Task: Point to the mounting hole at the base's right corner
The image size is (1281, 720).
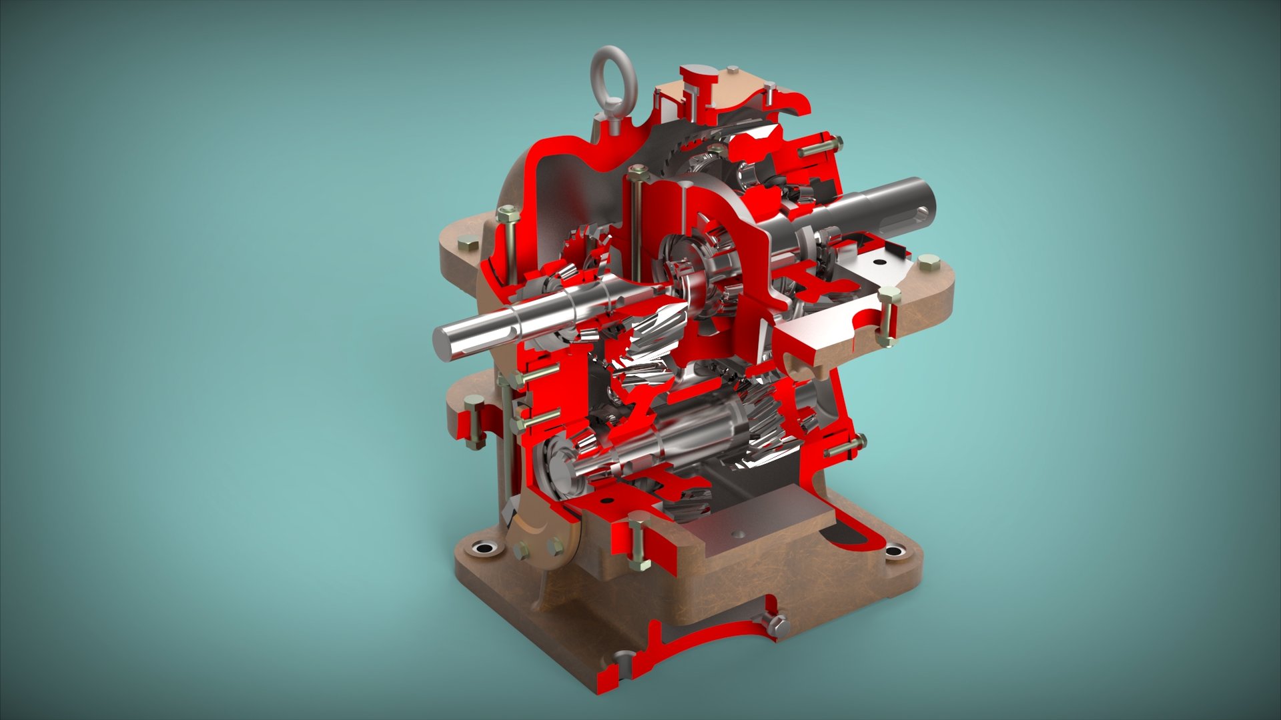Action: pos(894,551)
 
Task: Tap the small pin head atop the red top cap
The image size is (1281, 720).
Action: pos(733,70)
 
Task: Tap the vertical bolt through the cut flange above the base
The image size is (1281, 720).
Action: pos(637,545)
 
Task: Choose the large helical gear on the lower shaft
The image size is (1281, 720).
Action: pos(767,427)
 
